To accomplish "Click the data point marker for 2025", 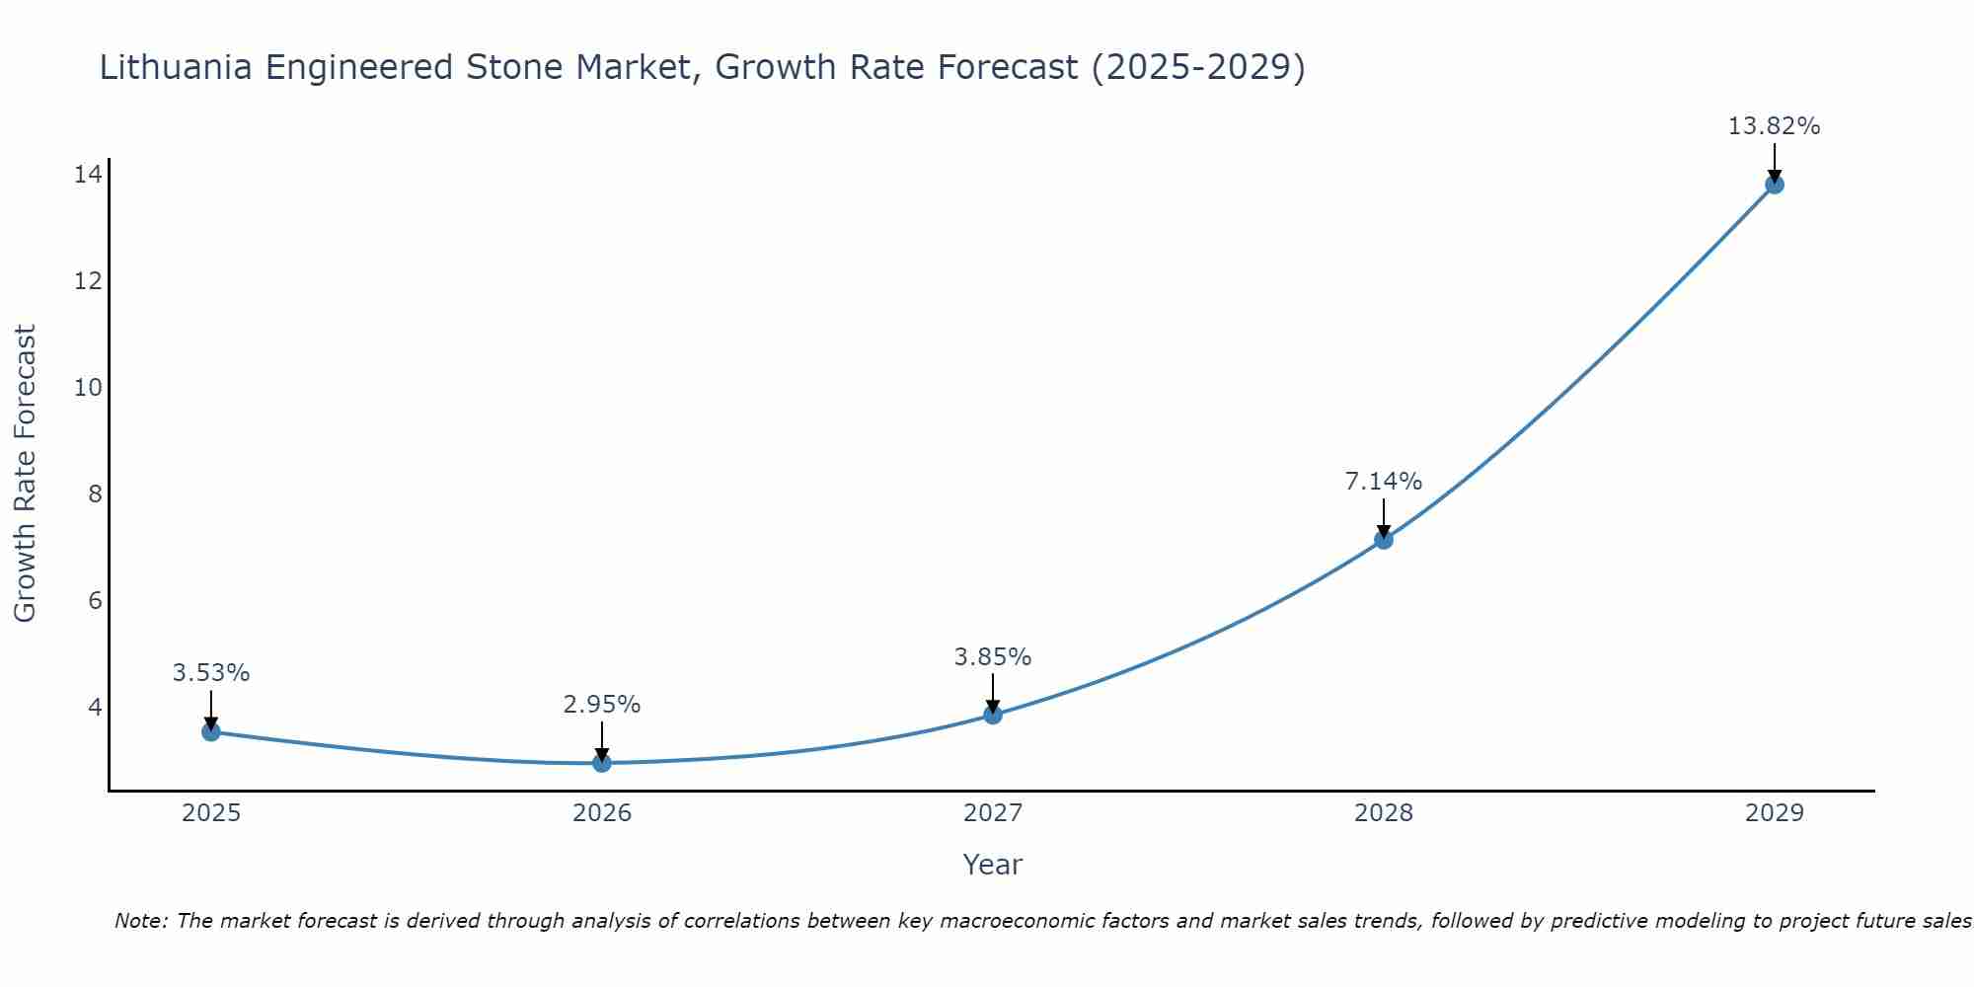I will tap(210, 731).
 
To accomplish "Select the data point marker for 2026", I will tap(602, 763).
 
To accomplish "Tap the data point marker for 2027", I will tap(993, 715).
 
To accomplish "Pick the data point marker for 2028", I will tap(1384, 540).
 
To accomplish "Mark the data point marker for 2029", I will tap(1775, 185).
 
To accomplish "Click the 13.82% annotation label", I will tap(1774, 126).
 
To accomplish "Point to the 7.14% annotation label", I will tap(1383, 482).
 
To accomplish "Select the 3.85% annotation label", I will tap(992, 657).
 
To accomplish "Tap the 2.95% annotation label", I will tap(601, 705).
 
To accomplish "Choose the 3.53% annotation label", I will tap(210, 673).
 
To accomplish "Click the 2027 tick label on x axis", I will tap(993, 813).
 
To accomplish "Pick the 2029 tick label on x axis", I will tap(1775, 813).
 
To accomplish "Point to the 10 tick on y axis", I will tap(88, 387).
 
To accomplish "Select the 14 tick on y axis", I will tap(88, 175).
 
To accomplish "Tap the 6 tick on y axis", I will tap(95, 600).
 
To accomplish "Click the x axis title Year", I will tap(992, 865).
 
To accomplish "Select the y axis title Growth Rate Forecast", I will tap(25, 473).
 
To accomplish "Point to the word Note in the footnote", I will tap(141, 921).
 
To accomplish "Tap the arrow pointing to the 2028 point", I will tap(1384, 517).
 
